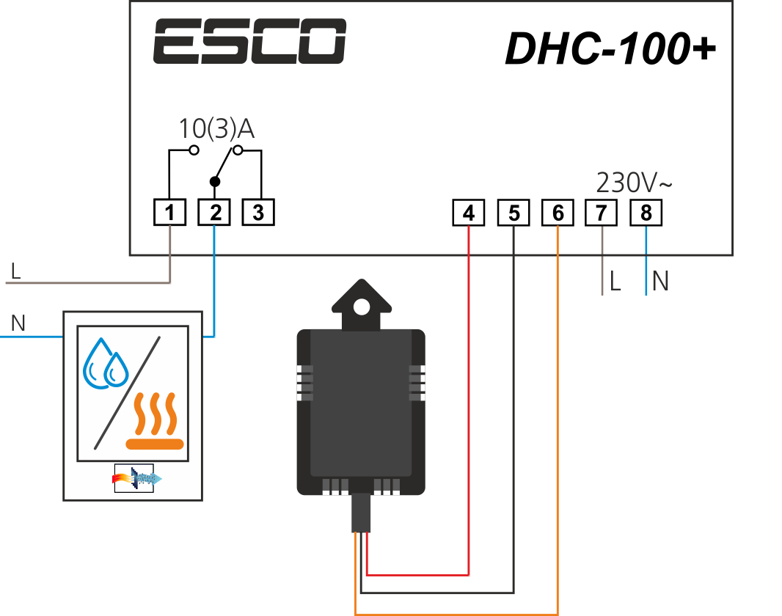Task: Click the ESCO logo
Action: click(x=249, y=41)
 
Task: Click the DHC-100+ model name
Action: click(x=610, y=48)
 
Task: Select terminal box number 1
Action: click(x=170, y=213)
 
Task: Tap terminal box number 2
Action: click(x=214, y=213)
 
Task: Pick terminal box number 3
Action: click(x=257, y=213)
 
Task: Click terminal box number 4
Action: click(x=469, y=213)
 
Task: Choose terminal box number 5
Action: click(x=514, y=213)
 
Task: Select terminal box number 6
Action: click(x=558, y=213)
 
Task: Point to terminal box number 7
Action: click(x=602, y=213)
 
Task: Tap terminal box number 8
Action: click(x=646, y=213)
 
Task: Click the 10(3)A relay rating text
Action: click(x=216, y=129)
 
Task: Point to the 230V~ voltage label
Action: click(x=634, y=182)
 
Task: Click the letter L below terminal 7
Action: click(x=615, y=282)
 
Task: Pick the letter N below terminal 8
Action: click(x=660, y=282)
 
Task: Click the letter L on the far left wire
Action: click(x=15, y=272)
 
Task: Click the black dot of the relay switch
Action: click(x=214, y=180)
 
